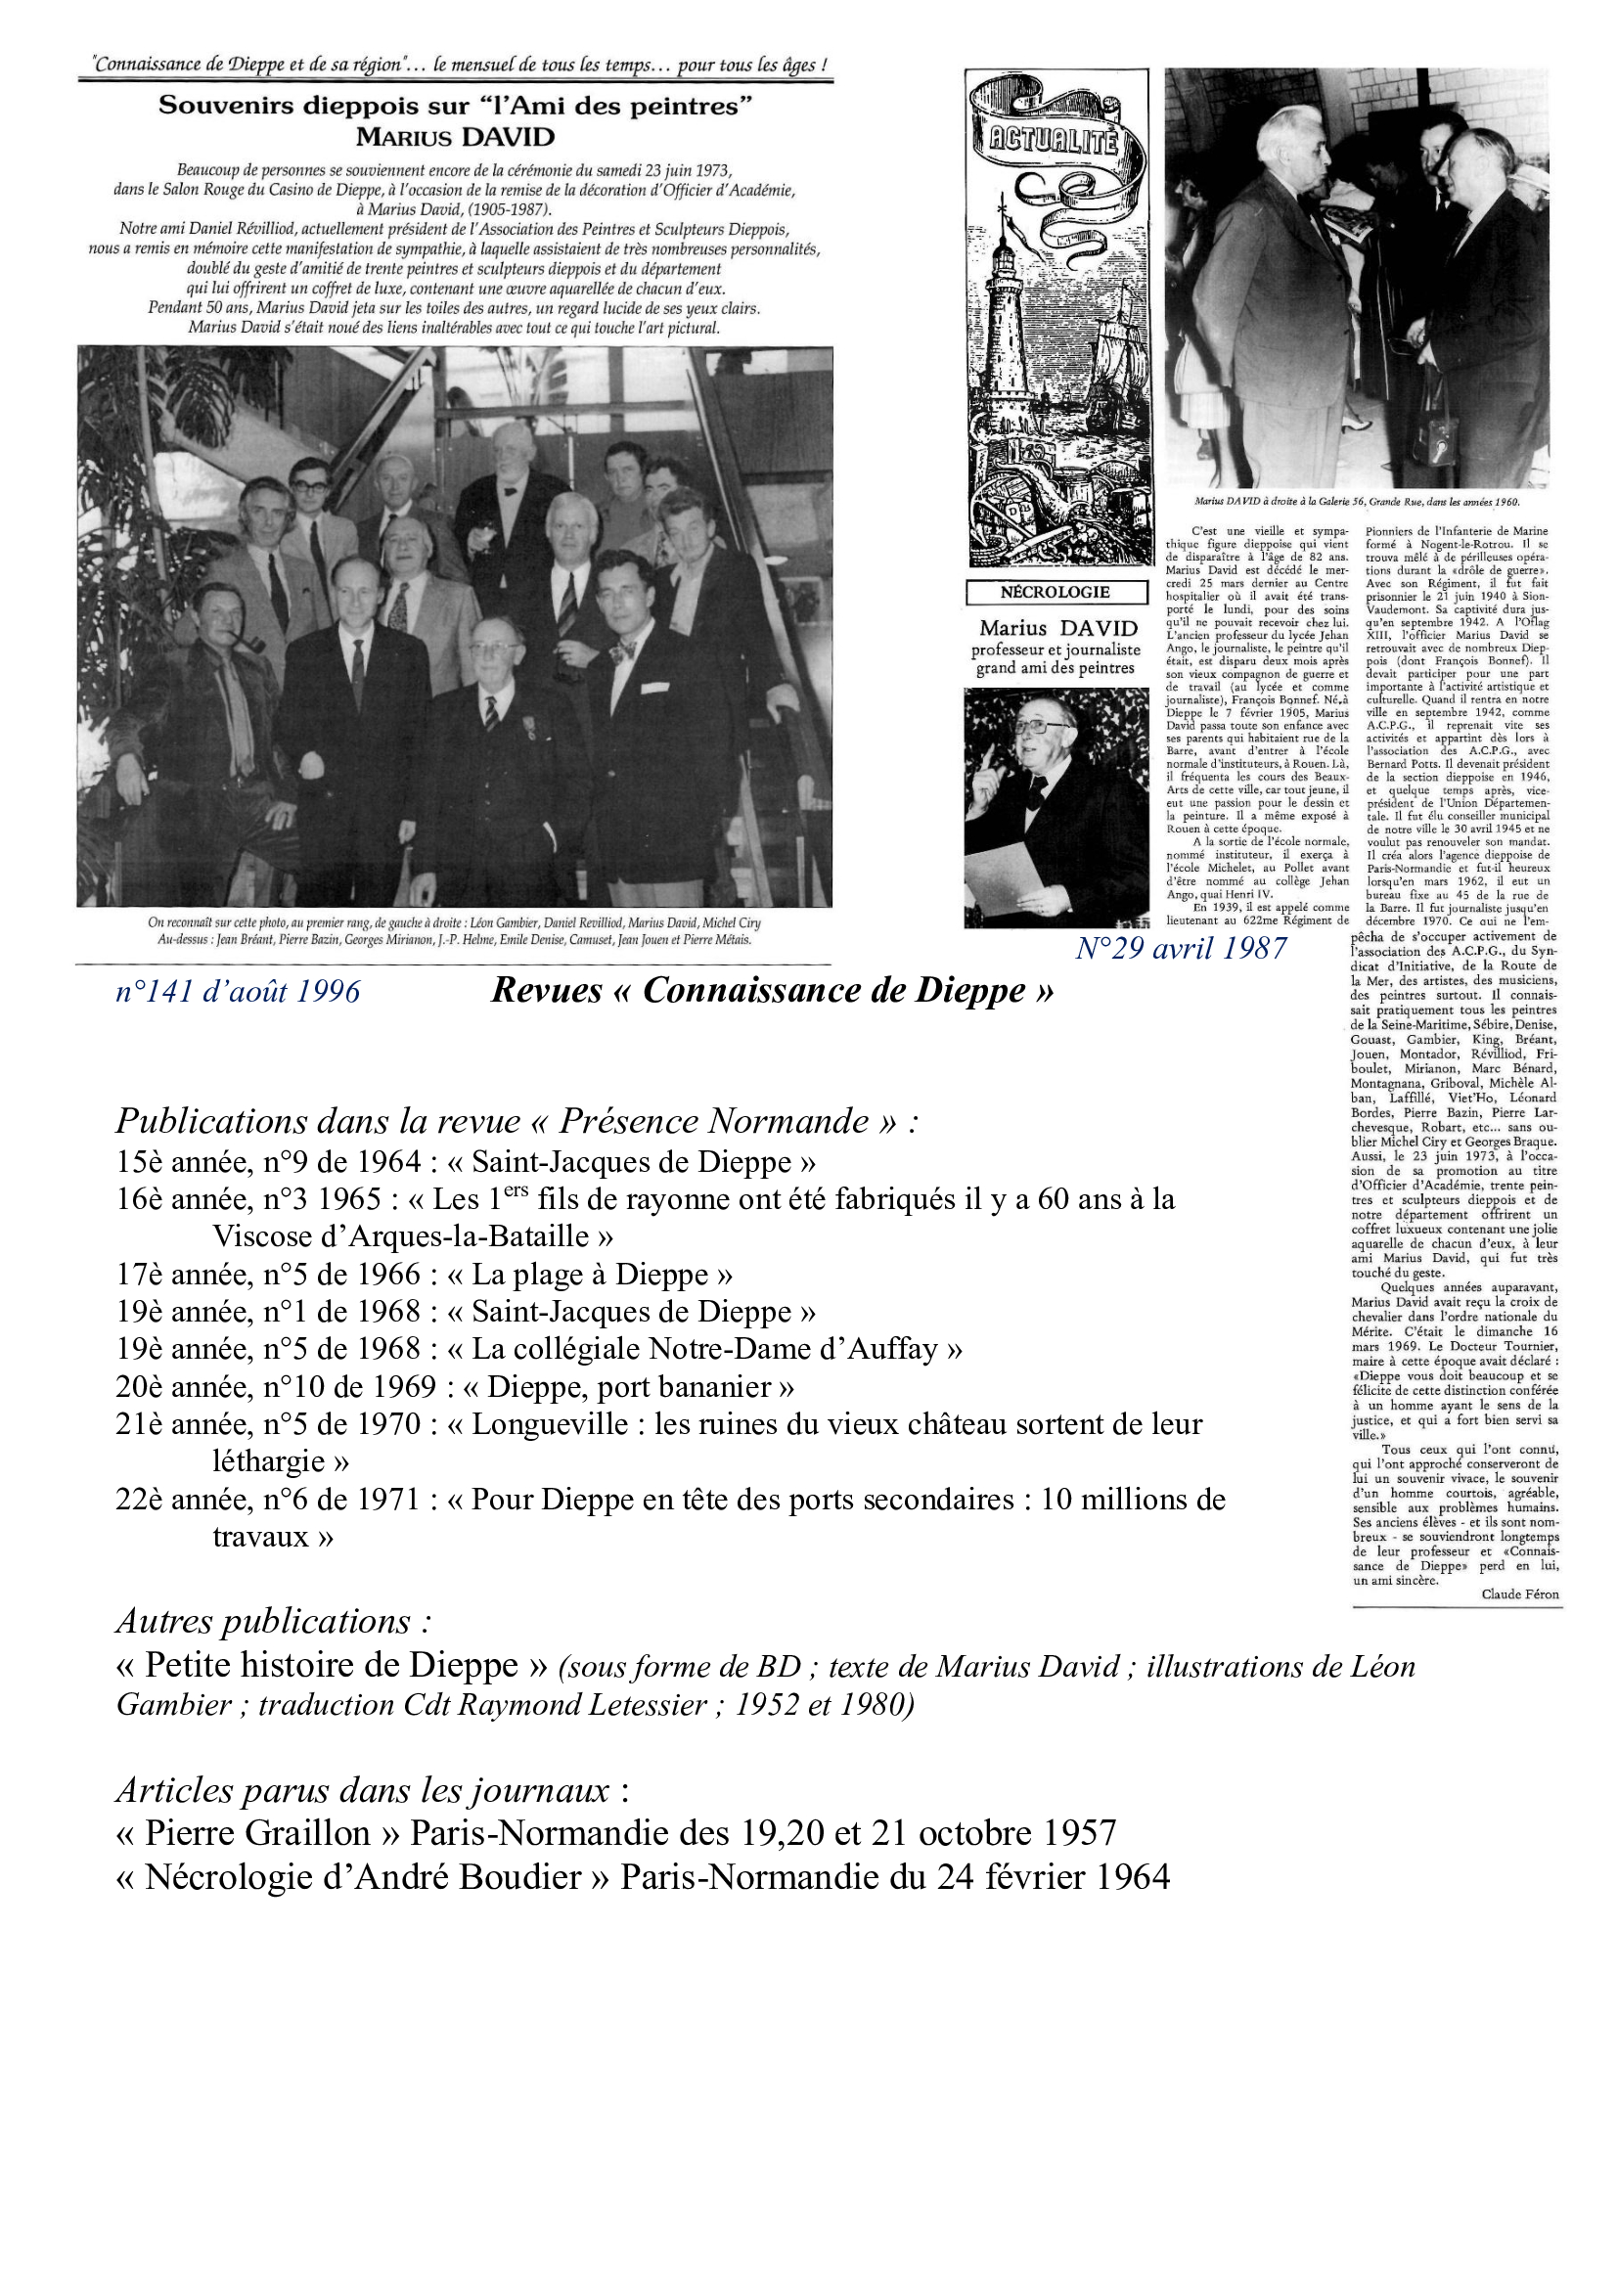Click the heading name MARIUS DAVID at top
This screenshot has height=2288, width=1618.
pos(455,138)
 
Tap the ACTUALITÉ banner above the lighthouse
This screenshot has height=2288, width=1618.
pos(1054,142)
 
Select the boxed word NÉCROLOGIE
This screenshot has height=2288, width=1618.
pos(1056,592)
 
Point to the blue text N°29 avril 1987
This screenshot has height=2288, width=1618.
pos(1181,948)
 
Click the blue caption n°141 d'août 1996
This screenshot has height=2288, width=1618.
pos(237,992)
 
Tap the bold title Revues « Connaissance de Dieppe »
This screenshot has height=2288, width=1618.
pos(772,991)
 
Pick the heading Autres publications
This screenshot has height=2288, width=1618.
pos(273,1621)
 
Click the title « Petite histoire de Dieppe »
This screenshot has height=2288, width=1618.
pos(333,1665)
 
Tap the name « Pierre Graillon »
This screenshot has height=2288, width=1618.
pos(258,1833)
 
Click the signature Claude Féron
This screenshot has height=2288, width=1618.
pos(1519,1594)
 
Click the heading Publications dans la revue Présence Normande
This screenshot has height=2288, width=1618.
pos(517,1121)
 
